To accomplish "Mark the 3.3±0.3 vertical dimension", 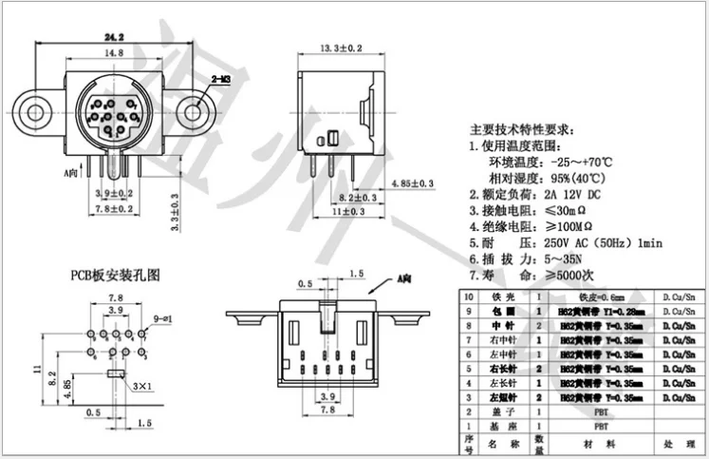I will (x=176, y=215).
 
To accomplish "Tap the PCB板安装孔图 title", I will (x=117, y=275).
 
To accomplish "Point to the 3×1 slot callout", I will (x=143, y=386).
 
